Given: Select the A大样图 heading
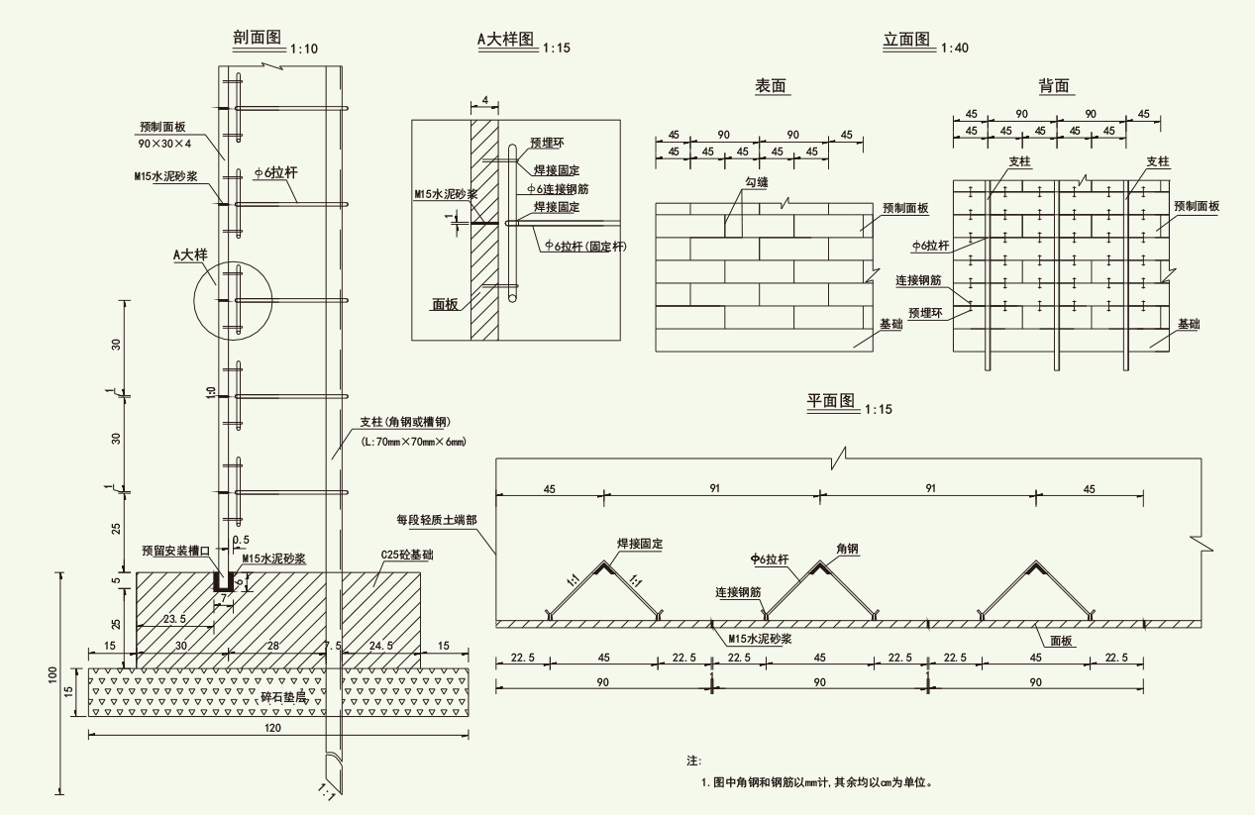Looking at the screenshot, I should pos(505,39).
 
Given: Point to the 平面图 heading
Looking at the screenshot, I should pos(829,401).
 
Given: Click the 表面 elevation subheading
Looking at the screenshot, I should pos(771,87).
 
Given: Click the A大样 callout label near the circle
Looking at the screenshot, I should pos(190,255).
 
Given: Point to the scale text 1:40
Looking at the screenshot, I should pos(956,48).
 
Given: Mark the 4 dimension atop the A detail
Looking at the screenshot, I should pos(485,101).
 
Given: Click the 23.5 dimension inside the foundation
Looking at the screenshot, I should pos(174,620).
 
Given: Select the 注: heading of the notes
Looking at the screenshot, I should pos(693,761).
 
